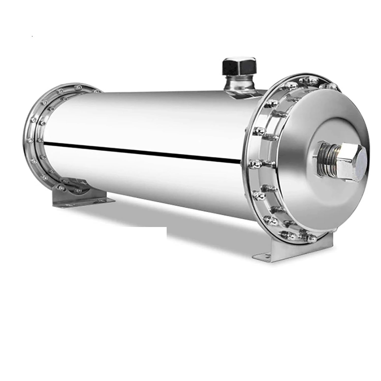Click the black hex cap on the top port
point(239,66)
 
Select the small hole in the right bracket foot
point(259,257)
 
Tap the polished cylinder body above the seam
point(142,117)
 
